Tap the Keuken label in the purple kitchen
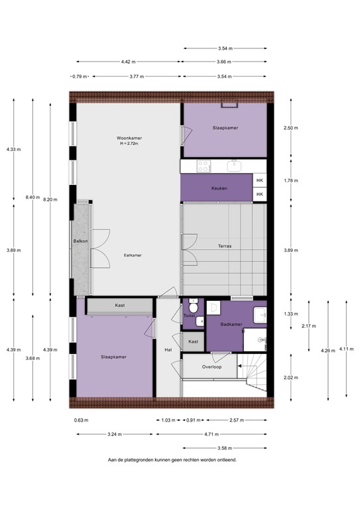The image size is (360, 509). click(219, 188)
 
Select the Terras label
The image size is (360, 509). click(224, 246)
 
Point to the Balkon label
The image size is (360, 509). click(81, 241)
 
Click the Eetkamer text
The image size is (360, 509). click(133, 255)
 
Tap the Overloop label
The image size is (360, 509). click(211, 366)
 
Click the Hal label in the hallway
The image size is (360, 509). click(168, 349)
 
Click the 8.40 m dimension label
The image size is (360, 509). click(32, 197)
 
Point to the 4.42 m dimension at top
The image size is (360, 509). click(129, 62)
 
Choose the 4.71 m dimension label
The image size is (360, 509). click(211, 435)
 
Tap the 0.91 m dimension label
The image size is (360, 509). click(193, 420)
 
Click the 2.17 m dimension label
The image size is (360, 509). click(308, 326)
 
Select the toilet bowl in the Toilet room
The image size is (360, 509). click(192, 306)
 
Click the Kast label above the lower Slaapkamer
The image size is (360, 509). click(119, 306)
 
